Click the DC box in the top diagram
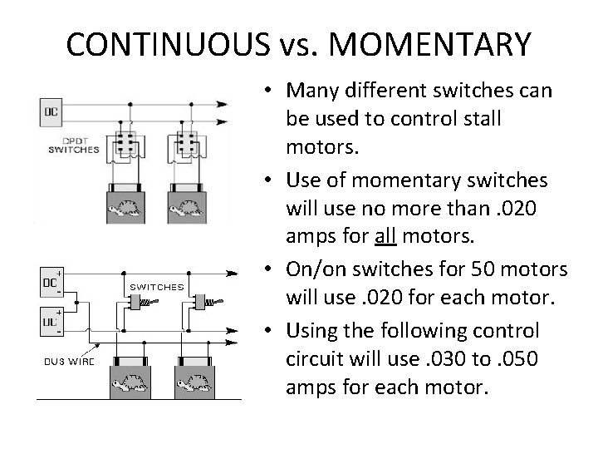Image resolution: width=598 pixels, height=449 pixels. pos(51,110)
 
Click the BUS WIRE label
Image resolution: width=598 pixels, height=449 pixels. pos(71,361)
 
